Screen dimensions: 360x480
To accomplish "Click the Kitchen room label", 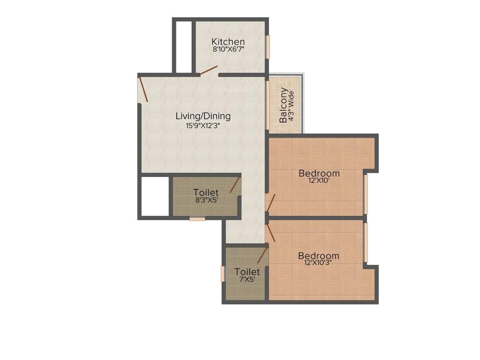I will coord(228,41).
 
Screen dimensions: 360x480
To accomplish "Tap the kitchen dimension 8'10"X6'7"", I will coord(228,49).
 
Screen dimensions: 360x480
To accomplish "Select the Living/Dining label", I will coord(203,116).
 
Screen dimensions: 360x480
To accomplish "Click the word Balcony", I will coord(283,105).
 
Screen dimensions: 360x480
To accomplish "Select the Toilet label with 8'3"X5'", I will coord(206,193).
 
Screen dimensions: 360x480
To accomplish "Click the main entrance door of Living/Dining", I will coord(143,90).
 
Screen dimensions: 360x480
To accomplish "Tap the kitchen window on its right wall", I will coord(268,47).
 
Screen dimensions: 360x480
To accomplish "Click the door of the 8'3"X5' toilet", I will coord(234,185).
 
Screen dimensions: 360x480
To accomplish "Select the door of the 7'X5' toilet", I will coord(262,255).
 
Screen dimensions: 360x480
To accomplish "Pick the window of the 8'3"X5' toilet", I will coord(197,219).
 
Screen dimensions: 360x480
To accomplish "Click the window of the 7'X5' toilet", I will coord(223,274).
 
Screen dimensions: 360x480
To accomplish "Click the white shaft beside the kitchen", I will coord(184,46).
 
